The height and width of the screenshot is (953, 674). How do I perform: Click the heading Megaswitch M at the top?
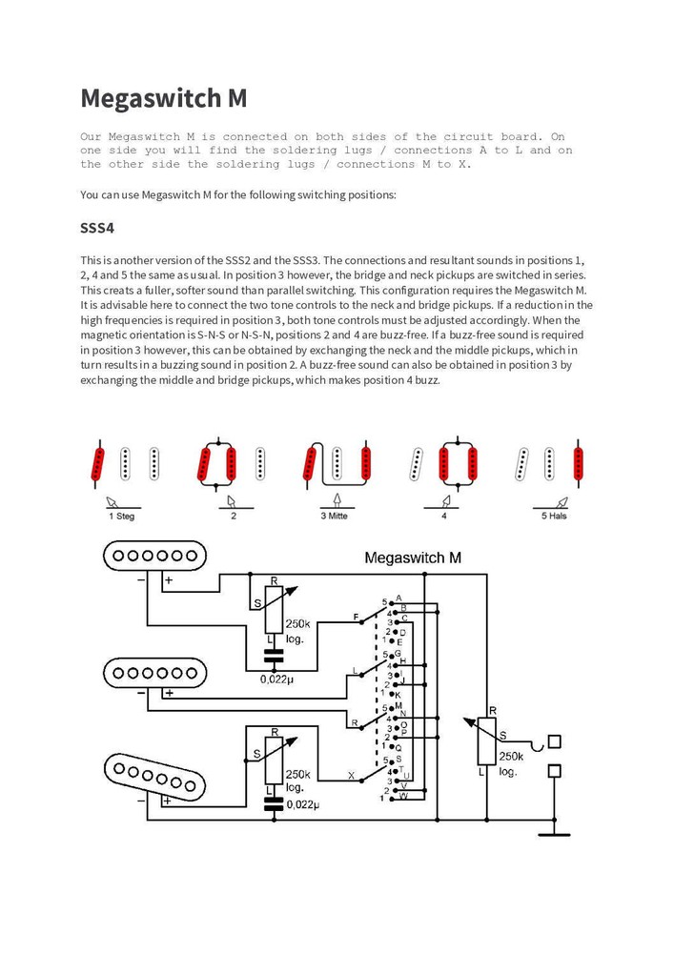click(x=163, y=98)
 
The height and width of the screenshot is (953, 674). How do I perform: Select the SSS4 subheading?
click(x=97, y=228)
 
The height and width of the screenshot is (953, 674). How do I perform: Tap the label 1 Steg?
click(x=122, y=516)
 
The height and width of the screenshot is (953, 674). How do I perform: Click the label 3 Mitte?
click(x=335, y=516)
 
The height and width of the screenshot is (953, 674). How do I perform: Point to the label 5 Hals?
click(x=554, y=516)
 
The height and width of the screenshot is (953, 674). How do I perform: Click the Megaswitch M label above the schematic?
click(x=413, y=558)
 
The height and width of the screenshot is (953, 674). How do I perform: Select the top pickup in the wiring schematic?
click(x=155, y=556)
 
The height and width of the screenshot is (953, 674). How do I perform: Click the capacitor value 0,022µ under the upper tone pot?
click(x=277, y=679)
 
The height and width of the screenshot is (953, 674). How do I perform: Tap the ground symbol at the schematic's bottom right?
click(x=554, y=835)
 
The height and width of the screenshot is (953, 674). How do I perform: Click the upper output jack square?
click(x=554, y=741)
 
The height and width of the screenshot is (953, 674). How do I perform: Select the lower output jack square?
click(x=554, y=771)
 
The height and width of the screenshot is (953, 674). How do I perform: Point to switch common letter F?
click(x=357, y=618)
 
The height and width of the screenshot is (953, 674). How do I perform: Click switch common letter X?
click(x=351, y=776)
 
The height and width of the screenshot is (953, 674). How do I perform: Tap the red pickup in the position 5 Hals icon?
click(x=578, y=464)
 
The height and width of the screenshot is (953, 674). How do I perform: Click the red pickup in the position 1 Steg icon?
click(x=97, y=465)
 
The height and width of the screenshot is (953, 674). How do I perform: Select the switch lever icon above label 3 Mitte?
click(x=337, y=501)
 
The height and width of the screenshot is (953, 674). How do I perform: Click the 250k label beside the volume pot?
click(x=511, y=757)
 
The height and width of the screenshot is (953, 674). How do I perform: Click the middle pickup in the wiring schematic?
click(x=155, y=673)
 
